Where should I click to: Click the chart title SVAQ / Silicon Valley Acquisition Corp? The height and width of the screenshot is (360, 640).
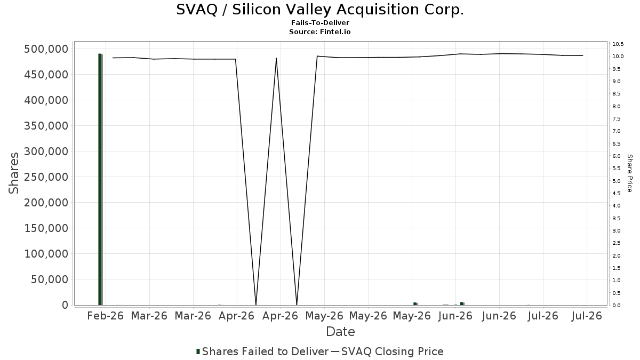click(x=320, y=10)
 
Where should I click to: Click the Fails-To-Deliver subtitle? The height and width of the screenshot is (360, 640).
click(x=320, y=23)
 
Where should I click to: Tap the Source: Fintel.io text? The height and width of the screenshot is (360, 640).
click(x=319, y=31)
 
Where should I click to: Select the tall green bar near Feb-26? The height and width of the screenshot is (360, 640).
click(x=100, y=179)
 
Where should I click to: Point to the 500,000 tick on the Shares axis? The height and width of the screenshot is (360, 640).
click(x=46, y=49)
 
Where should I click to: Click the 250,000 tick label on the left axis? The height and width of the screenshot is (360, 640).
click(x=46, y=177)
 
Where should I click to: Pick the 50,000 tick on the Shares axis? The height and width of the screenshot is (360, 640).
click(x=50, y=279)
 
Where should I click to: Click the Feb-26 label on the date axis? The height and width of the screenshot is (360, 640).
click(x=106, y=316)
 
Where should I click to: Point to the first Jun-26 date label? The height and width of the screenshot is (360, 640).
click(x=455, y=316)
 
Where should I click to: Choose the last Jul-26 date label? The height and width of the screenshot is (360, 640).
click(x=587, y=316)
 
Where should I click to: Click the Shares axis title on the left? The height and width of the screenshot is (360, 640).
click(x=14, y=173)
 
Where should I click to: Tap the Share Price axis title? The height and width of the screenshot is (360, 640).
click(x=629, y=173)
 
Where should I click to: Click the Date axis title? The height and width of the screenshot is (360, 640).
click(x=340, y=332)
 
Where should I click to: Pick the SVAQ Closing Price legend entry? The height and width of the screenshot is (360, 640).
click(x=387, y=351)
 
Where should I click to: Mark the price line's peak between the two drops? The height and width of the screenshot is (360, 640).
click(x=276, y=58)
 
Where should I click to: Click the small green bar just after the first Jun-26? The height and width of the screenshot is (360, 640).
click(x=462, y=303)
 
